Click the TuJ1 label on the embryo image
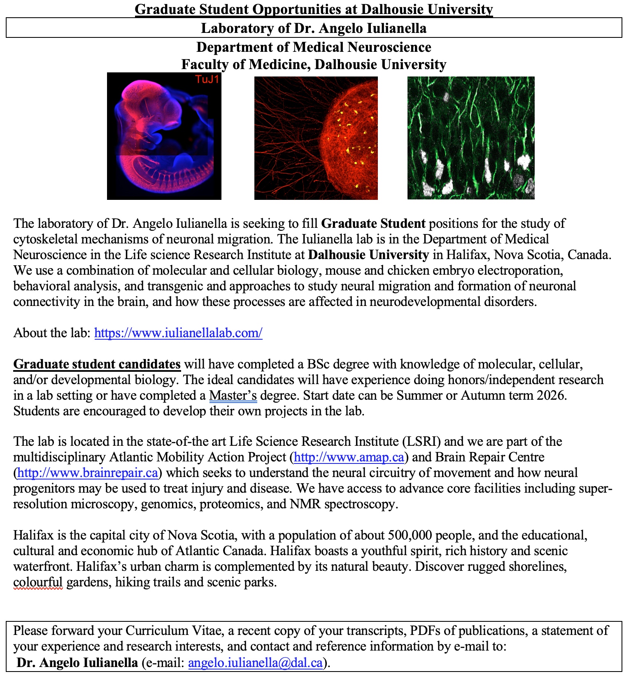click(x=207, y=79)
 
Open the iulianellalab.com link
click(x=178, y=333)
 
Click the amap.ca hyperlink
click(x=349, y=457)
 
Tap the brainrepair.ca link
click(x=88, y=473)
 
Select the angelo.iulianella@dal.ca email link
click(x=255, y=662)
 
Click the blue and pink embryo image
click(x=164, y=136)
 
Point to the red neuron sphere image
click(x=316, y=138)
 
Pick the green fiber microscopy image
click(x=471, y=138)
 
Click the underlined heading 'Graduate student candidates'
click(x=97, y=364)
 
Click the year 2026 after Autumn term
click(x=552, y=395)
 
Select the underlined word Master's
click(x=233, y=395)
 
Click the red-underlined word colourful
click(x=38, y=582)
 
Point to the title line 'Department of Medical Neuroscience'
click(x=314, y=47)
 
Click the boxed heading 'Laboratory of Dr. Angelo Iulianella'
click(x=314, y=28)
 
